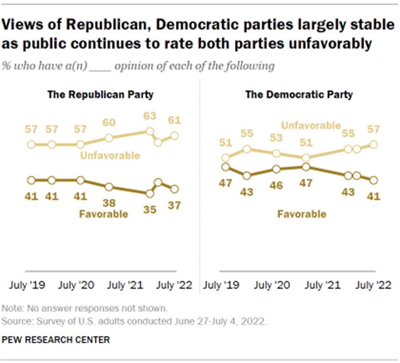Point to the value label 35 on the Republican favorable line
pyautogui.click(x=149, y=210)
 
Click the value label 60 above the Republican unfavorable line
pyautogui.click(x=109, y=123)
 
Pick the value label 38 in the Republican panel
pyautogui.click(x=109, y=203)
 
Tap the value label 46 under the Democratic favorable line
pyautogui.click(x=277, y=185)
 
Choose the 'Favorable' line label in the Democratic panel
pyautogui.click(x=302, y=214)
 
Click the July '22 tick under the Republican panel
pyautogui.click(x=174, y=285)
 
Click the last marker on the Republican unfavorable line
pyautogui.click(x=174, y=135)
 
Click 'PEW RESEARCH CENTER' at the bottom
pyautogui.click(x=56, y=340)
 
